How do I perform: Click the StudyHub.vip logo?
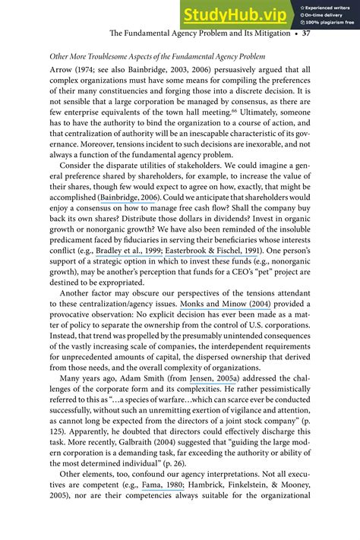(x=234, y=14)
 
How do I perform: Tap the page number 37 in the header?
(x=305, y=33)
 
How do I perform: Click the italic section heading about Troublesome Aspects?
(x=157, y=57)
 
